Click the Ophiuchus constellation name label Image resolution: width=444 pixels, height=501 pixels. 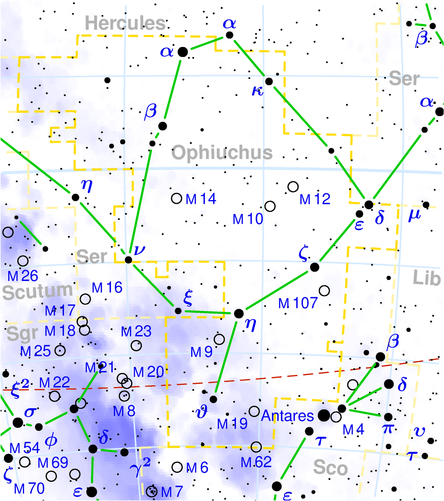(222, 152)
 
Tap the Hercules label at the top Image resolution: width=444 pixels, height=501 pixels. (125, 23)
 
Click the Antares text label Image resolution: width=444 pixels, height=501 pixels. (287, 416)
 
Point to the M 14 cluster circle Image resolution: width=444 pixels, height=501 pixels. (177, 198)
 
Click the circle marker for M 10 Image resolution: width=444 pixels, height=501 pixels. (270, 206)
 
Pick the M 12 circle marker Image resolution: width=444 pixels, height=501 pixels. (293, 187)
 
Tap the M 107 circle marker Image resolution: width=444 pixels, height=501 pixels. (324, 291)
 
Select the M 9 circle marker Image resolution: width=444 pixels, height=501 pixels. (219, 339)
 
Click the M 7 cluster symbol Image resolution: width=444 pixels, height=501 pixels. (152, 491)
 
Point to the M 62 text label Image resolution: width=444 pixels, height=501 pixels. (256, 462)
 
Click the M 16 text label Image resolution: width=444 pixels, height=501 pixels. (107, 287)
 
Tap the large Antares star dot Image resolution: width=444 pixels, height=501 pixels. (324, 415)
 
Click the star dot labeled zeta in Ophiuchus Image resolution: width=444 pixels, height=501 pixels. (314, 267)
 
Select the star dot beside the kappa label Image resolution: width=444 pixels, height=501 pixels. (269, 81)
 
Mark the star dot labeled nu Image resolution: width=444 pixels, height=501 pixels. (128, 260)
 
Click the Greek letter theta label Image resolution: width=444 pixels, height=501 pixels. (201, 413)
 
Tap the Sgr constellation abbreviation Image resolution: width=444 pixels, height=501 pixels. (22, 333)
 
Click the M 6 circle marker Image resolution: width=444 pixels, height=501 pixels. (177, 467)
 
